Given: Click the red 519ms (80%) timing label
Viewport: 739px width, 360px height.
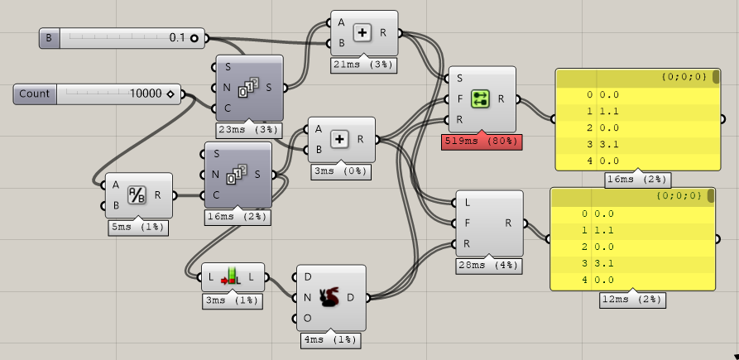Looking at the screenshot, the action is coord(481,142).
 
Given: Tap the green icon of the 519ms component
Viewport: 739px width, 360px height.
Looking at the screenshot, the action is coord(481,99).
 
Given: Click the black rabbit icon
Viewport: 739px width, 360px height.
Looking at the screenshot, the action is coord(330,297).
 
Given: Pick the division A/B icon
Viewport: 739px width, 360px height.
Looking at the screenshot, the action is coord(136,195).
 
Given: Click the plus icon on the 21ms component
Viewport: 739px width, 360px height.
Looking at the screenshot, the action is coord(362,33).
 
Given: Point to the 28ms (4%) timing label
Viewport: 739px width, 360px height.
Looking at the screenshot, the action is coord(488,265).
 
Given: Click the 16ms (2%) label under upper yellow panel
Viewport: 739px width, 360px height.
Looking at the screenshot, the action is coord(638,180).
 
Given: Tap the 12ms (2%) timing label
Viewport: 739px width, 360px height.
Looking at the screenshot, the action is coord(632,299).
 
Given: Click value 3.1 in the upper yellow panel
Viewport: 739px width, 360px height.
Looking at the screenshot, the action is coord(609,144).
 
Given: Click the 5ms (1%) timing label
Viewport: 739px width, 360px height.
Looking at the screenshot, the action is coord(138,226).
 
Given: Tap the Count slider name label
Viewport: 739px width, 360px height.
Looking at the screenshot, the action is coord(35,94).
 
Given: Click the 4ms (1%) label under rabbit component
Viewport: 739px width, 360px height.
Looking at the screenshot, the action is coord(329,338).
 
